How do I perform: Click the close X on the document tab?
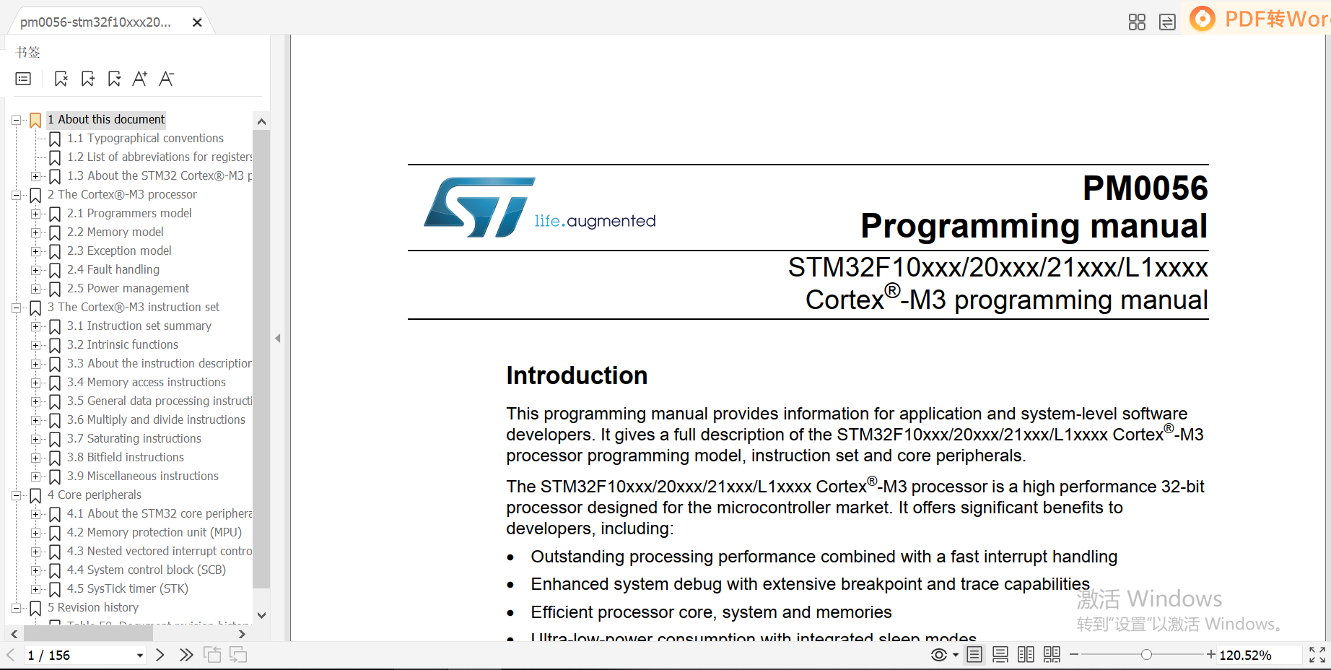tap(197, 22)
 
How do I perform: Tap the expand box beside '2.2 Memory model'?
tap(35, 232)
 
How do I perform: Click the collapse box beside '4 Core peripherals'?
tap(16, 495)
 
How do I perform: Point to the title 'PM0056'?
tap(1145, 188)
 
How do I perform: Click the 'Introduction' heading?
tap(577, 375)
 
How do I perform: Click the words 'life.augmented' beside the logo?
tap(595, 221)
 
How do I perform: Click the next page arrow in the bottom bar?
tap(160, 655)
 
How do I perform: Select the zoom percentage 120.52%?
tap(1245, 655)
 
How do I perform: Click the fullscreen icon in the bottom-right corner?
tap(1317, 655)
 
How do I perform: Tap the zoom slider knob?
tap(1146, 655)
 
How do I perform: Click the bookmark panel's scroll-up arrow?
tap(261, 121)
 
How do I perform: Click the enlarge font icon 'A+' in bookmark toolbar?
tap(140, 79)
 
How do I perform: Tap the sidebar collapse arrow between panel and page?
tap(278, 338)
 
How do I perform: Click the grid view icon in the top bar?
tap(1137, 22)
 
